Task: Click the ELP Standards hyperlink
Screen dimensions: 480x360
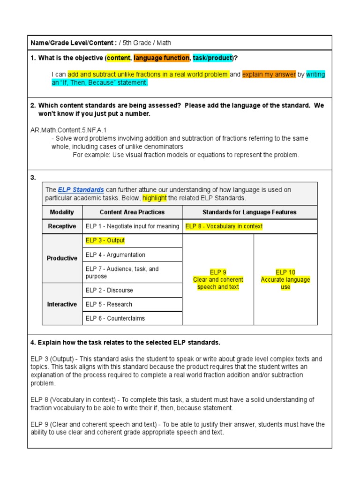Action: (81, 190)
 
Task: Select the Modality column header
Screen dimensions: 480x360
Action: (62, 212)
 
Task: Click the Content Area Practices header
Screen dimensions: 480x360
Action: (132, 212)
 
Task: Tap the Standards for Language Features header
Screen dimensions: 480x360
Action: (249, 212)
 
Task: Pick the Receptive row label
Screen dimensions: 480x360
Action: (62, 226)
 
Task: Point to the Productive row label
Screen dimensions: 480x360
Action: (62, 258)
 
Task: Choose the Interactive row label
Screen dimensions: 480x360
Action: (62, 304)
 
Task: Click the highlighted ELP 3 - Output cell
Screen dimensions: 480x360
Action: (105, 240)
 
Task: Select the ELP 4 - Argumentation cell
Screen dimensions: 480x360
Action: (115, 255)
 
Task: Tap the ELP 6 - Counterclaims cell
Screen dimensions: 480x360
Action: (115, 318)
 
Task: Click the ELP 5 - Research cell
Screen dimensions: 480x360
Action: (109, 304)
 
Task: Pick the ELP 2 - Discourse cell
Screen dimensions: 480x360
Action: (109, 290)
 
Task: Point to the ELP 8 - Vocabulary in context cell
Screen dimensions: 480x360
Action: (224, 226)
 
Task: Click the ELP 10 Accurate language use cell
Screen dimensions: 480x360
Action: (285, 279)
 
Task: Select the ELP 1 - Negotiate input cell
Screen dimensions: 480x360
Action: (132, 226)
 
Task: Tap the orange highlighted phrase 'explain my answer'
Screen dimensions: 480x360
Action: (269, 74)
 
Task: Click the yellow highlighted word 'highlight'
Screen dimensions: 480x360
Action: (154, 198)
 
